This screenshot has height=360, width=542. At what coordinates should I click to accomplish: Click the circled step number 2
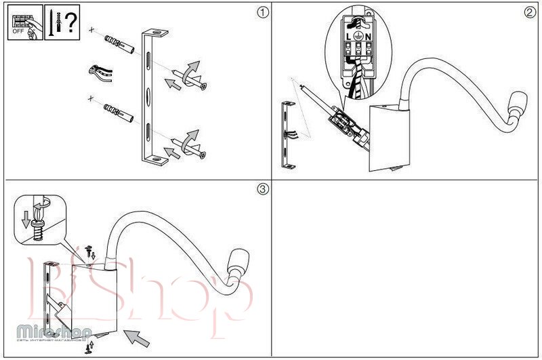pyautogui.click(x=530, y=12)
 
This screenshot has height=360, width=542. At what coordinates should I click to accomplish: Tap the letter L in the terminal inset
pyautogui.click(x=349, y=35)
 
